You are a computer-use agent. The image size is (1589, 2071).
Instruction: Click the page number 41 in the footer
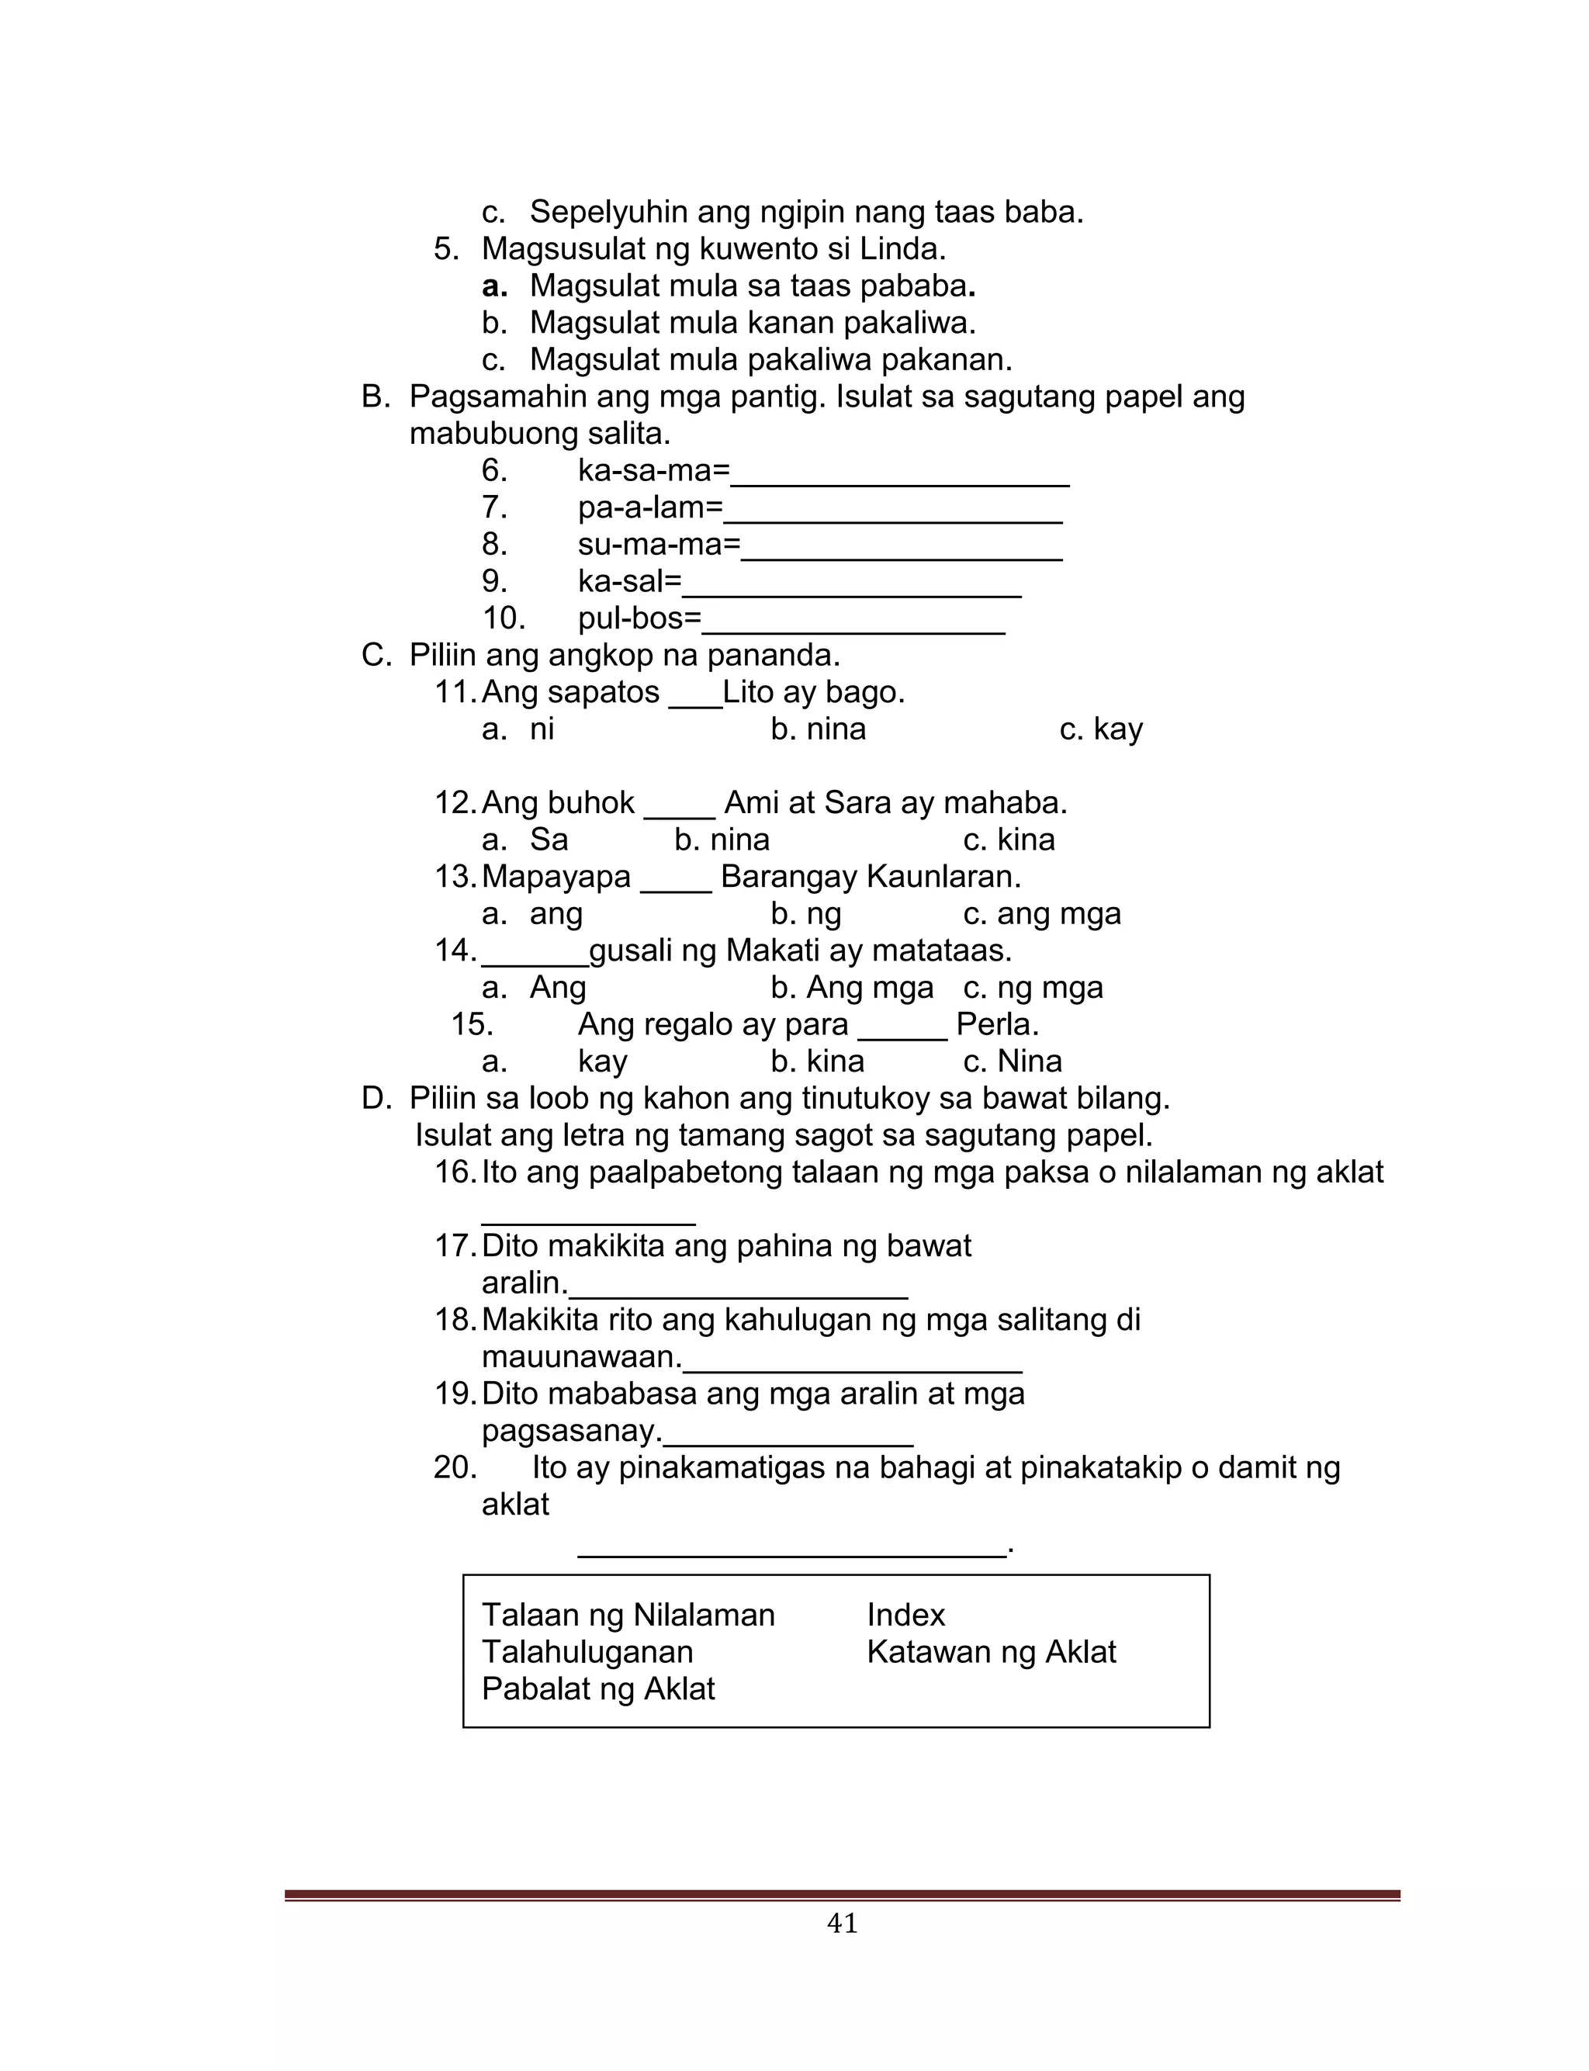click(x=842, y=1923)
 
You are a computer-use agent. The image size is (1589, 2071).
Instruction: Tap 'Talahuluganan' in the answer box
click(x=587, y=1651)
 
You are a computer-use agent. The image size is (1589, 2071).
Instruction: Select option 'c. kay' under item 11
click(x=1101, y=729)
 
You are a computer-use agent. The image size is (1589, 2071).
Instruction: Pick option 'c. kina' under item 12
click(x=1009, y=840)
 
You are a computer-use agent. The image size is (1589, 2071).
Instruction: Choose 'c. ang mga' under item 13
click(x=1041, y=913)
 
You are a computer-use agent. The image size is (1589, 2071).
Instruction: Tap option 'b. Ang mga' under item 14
click(x=851, y=987)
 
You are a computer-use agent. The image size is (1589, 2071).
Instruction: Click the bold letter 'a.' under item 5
click(x=493, y=286)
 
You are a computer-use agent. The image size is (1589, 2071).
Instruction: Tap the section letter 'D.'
click(x=376, y=1098)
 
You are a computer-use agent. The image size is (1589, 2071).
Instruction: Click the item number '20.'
click(x=454, y=1467)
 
